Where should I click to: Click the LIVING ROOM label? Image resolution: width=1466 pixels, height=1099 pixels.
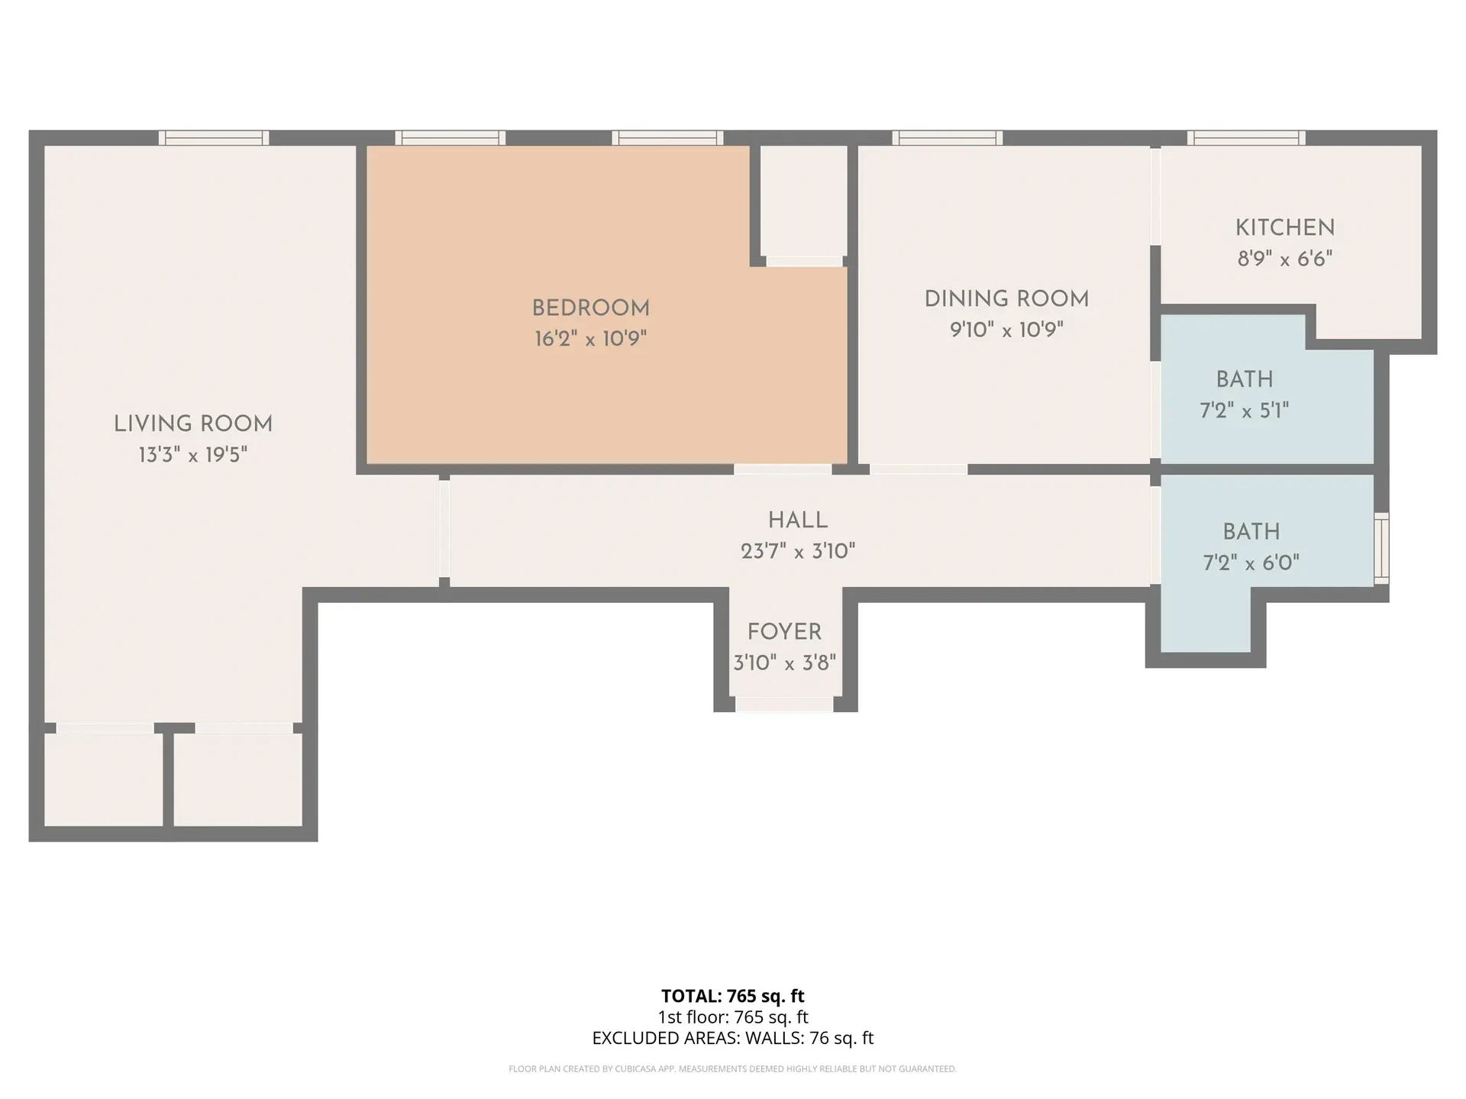(193, 424)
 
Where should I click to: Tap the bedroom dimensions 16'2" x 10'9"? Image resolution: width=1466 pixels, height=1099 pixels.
(590, 338)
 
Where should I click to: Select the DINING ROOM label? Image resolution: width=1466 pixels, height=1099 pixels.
(1006, 298)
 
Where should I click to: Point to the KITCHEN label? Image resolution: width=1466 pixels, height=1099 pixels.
(1285, 227)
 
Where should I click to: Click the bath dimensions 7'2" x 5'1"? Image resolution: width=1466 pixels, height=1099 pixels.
(1244, 411)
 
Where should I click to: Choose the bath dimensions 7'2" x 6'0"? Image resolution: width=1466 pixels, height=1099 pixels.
(1251, 563)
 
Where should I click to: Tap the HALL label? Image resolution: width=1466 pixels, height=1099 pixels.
(798, 520)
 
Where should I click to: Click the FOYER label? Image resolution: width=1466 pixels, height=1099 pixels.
(784, 632)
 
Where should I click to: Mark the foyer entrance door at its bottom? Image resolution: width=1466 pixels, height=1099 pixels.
(784, 704)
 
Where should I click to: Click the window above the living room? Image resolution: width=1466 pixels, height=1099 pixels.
(214, 138)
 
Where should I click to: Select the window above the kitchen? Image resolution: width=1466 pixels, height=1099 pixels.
(1245, 138)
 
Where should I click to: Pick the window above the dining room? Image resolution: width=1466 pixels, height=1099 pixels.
(947, 138)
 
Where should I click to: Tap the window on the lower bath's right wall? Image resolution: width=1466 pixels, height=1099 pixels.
(1381, 549)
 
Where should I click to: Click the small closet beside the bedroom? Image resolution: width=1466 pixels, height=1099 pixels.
(804, 201)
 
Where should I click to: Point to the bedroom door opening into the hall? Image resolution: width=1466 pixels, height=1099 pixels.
(783, 469)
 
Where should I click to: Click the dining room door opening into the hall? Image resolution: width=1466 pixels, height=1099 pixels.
(919, 469)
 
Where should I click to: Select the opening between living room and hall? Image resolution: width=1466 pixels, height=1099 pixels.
(444, 528)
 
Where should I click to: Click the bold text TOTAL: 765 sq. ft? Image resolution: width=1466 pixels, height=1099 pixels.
(732, 996)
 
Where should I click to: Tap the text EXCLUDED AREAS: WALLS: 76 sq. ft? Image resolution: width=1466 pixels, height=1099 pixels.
(732, 1038)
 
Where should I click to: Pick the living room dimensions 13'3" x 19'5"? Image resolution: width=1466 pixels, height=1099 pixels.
(193, 455)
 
